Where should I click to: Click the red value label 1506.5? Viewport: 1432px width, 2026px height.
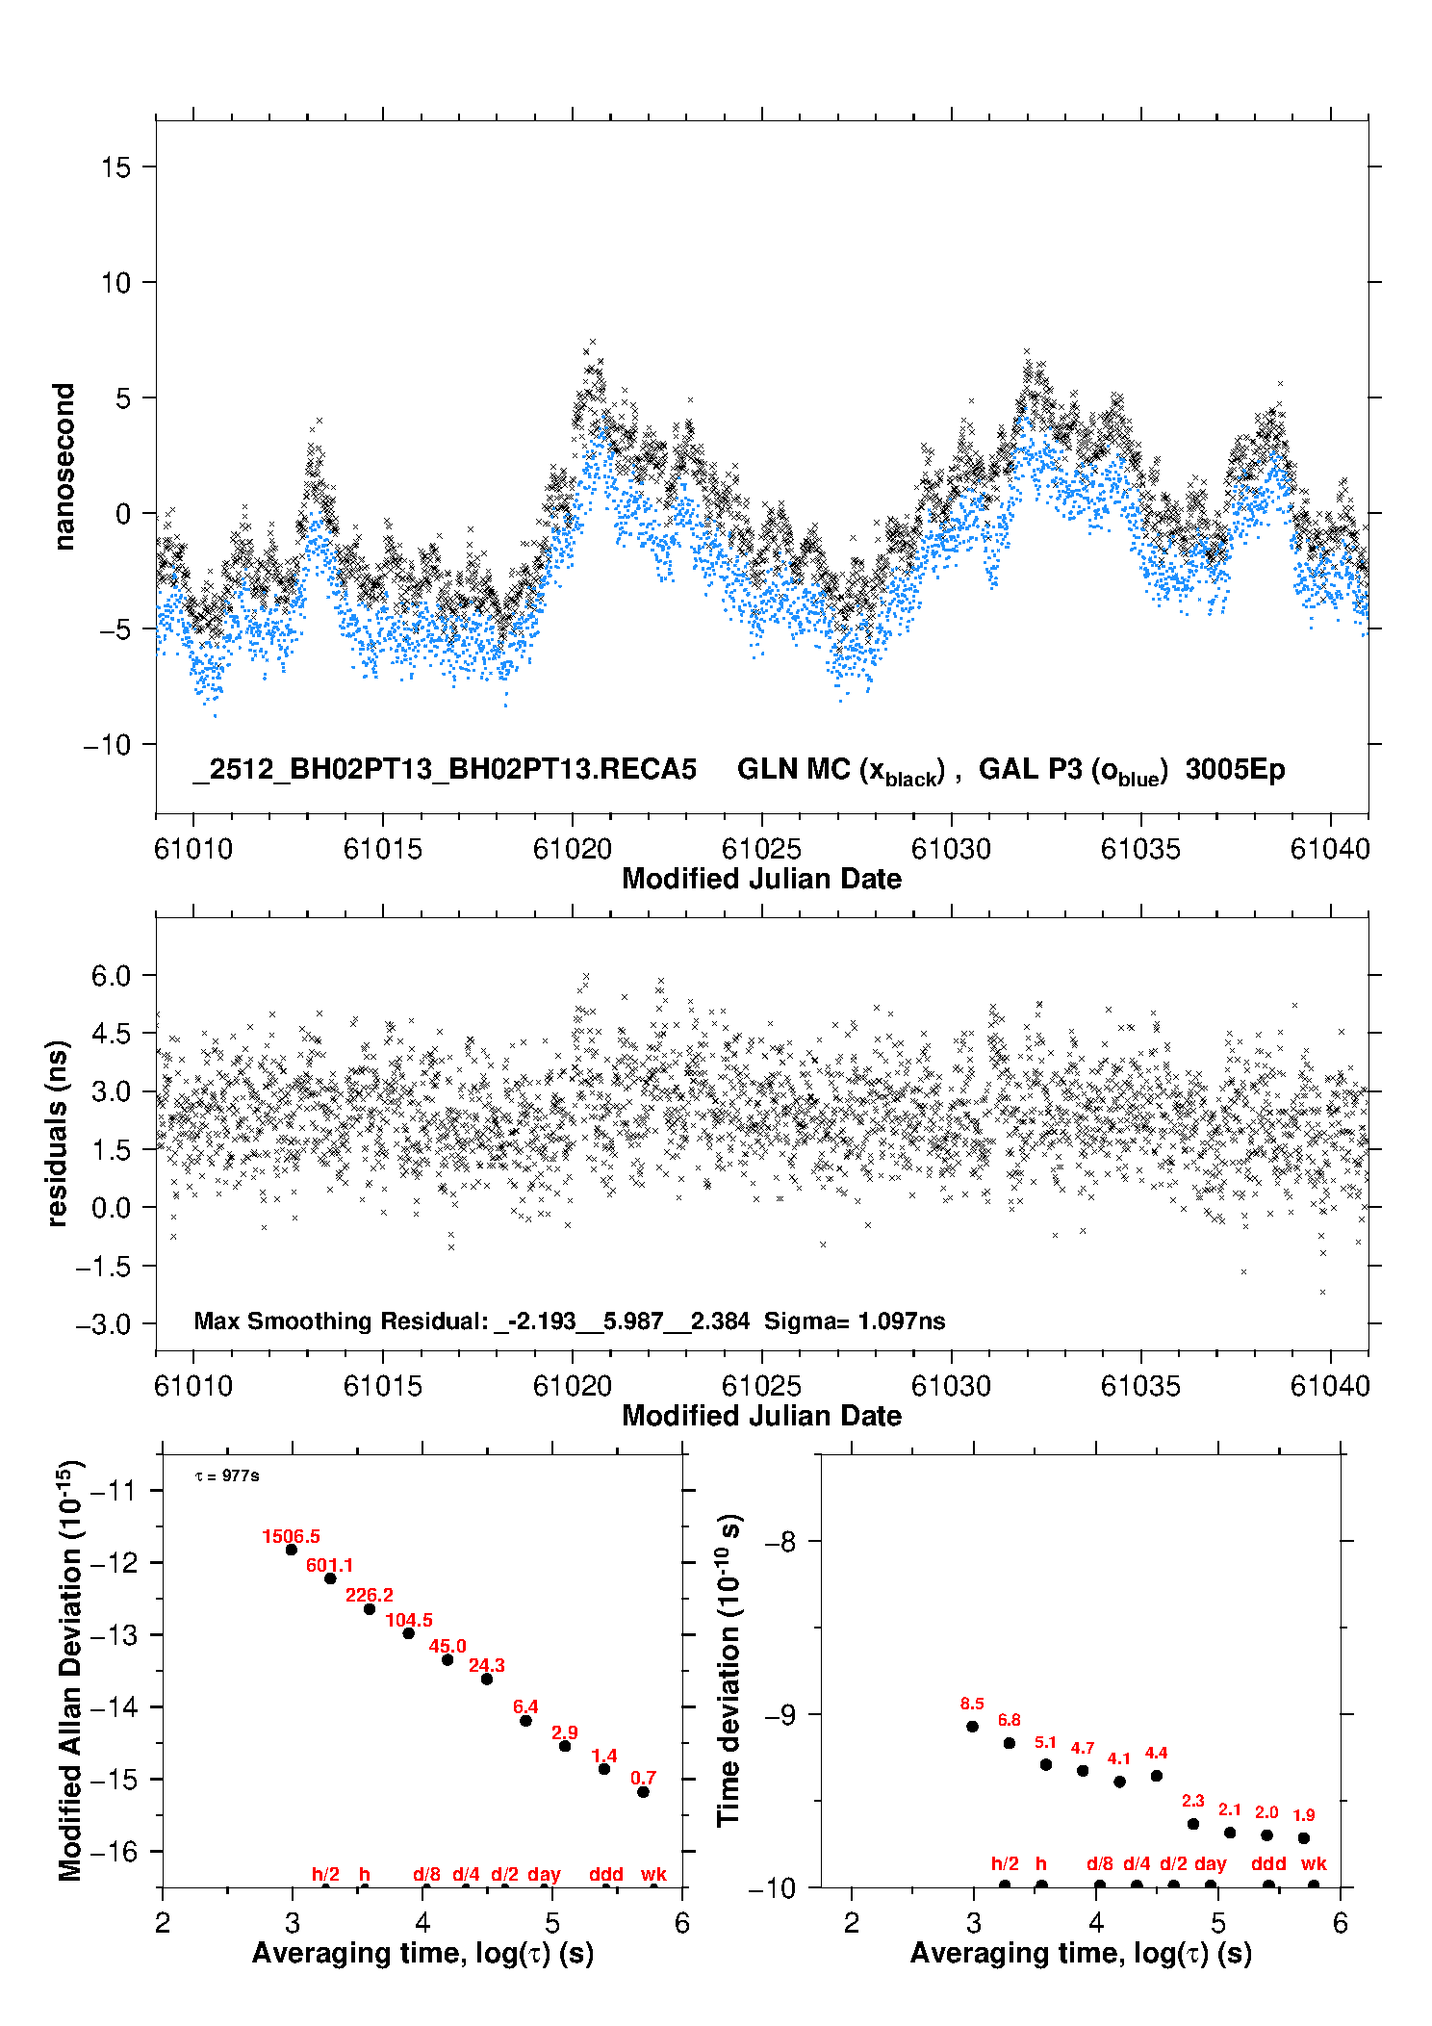pos(291,1537)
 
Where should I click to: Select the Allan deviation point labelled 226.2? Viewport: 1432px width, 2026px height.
pos(370,1609)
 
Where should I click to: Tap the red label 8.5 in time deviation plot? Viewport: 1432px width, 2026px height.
pos(972,1705)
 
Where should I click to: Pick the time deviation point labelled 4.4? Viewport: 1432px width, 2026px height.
pos(1156,1776)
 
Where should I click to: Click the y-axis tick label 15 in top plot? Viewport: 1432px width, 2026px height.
pos(115,167)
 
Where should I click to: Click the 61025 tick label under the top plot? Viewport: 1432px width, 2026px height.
pos(761,850)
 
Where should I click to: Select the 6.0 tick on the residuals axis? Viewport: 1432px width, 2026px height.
pos(111,976)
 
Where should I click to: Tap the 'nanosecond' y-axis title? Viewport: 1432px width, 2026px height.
pos(64,467)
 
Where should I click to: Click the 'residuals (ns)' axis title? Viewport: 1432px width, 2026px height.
pos(58,1133)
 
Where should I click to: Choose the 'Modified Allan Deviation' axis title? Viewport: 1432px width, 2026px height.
pos(70,1671)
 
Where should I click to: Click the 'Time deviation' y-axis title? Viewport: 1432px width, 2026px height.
pos(729,1671)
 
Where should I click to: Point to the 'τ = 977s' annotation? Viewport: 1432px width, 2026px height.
pos(227,1476)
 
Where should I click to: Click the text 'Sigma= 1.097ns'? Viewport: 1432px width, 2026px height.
pos(855,1321)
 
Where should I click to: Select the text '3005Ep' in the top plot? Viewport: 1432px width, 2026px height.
pos(1235,770)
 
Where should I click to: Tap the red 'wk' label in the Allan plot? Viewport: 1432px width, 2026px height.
pos(653,1875)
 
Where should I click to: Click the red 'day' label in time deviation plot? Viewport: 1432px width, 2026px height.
pos(1210,1864)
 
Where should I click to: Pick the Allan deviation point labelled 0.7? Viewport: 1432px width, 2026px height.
pos(643,1792)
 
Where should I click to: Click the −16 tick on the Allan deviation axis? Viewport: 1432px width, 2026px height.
pos(113,1852)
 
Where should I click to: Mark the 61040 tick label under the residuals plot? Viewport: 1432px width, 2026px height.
pos(1329,1387)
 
